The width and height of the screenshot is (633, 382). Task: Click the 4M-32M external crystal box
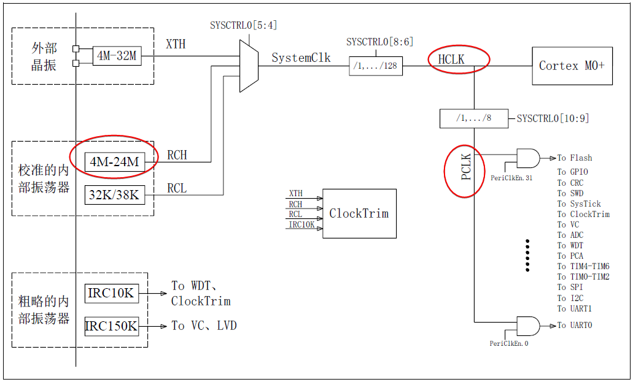pos(117,56)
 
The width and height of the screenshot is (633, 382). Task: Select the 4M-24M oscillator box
pos(114,162)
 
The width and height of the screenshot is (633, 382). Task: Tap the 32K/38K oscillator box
pos(114,196)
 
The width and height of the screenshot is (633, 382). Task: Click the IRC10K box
pos(111,293)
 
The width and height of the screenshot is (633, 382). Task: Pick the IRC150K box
pos(111,326)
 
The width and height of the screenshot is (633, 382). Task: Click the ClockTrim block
pos(359,213)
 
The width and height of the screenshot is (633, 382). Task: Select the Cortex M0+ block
pos(571,65)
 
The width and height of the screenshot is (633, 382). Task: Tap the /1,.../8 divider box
pos(474,118)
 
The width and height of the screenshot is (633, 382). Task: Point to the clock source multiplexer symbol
pos(249,66)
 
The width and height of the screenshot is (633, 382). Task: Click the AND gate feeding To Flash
pos(528,158)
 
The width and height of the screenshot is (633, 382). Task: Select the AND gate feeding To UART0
pos(528,326)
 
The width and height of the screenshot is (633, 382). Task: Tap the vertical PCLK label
pos(466,167)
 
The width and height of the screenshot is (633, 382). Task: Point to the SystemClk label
pos(301,58)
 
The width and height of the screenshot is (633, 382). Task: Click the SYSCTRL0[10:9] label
pos(553,118)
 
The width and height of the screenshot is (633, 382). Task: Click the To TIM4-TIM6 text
pos(583,266)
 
